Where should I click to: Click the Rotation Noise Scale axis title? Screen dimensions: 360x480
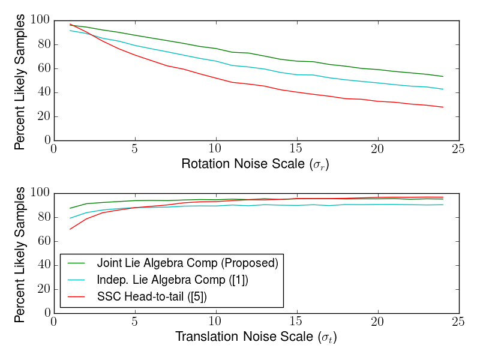[x=255, y=164]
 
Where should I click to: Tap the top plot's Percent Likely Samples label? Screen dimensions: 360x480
[x=20, y=81]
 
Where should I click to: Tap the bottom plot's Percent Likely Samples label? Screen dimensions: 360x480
[x=20, y=254]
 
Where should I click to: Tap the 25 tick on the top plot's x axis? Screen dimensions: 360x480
[x=459, y=149]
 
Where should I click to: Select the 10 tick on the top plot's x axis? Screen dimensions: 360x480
[x=216, y=149]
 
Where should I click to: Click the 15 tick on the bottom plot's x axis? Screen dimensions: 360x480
[x=297, y=322]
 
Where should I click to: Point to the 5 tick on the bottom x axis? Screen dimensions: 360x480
[x=135, y=322]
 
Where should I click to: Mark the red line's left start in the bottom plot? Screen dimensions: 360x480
[x=70, y=229]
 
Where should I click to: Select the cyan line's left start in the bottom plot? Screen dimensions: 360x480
[x=70, y=218]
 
